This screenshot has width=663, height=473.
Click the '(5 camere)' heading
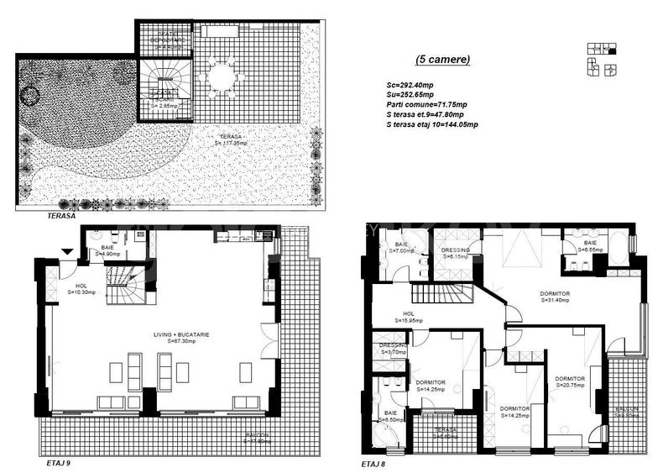tap(443, 60)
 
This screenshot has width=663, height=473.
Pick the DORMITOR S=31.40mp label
tap(555, 297)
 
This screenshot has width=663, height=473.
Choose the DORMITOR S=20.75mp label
tap(571, 381)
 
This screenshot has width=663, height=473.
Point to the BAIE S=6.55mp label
tap(588, 246)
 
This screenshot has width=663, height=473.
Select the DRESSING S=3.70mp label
tap(392, 349)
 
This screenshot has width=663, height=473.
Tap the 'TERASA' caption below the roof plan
tap(63, 216)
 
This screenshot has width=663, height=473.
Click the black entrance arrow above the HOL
tap(66, 250)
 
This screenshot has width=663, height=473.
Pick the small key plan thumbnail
tap(602, 57)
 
